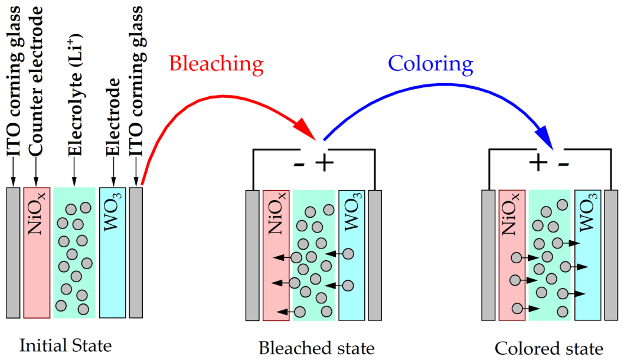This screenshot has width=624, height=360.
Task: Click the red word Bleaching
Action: click(x=216, y=64)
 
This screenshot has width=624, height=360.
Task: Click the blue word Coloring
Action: click(x=430, y=64)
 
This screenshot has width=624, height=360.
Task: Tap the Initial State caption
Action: click(x=66, y=345)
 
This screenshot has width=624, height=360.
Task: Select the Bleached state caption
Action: click(x=317, y=348)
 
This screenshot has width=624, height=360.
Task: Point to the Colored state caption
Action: click(x=549, y=348)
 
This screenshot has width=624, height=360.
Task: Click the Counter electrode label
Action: click(x=35, y=81)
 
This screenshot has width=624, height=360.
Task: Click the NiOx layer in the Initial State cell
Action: click(x=37, y=253)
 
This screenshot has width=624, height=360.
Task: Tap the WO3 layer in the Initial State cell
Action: click(x=113, y=253)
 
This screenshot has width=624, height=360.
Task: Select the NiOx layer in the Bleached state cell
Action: click(x=276, y=256)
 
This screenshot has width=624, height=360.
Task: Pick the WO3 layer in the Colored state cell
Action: click(x=588, y=255)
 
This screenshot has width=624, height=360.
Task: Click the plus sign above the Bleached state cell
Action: click(x=324, y=162)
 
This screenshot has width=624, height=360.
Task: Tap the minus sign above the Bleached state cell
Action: click(x=299, y=163)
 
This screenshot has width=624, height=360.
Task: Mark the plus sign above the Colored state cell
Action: click(x=538, y=162)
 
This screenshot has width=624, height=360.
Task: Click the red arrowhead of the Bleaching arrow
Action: click(x=306, y=127)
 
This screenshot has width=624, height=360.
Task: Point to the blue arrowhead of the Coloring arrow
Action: click(x=545, y=137)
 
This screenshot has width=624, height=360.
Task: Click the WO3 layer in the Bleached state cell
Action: click(x=352, y=256)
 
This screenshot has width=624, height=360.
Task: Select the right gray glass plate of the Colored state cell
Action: click(x=611, y=255)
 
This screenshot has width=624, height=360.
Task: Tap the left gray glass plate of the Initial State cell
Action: click(x=13, y=253)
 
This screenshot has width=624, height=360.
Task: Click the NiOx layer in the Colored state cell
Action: click(x=512, y=255)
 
